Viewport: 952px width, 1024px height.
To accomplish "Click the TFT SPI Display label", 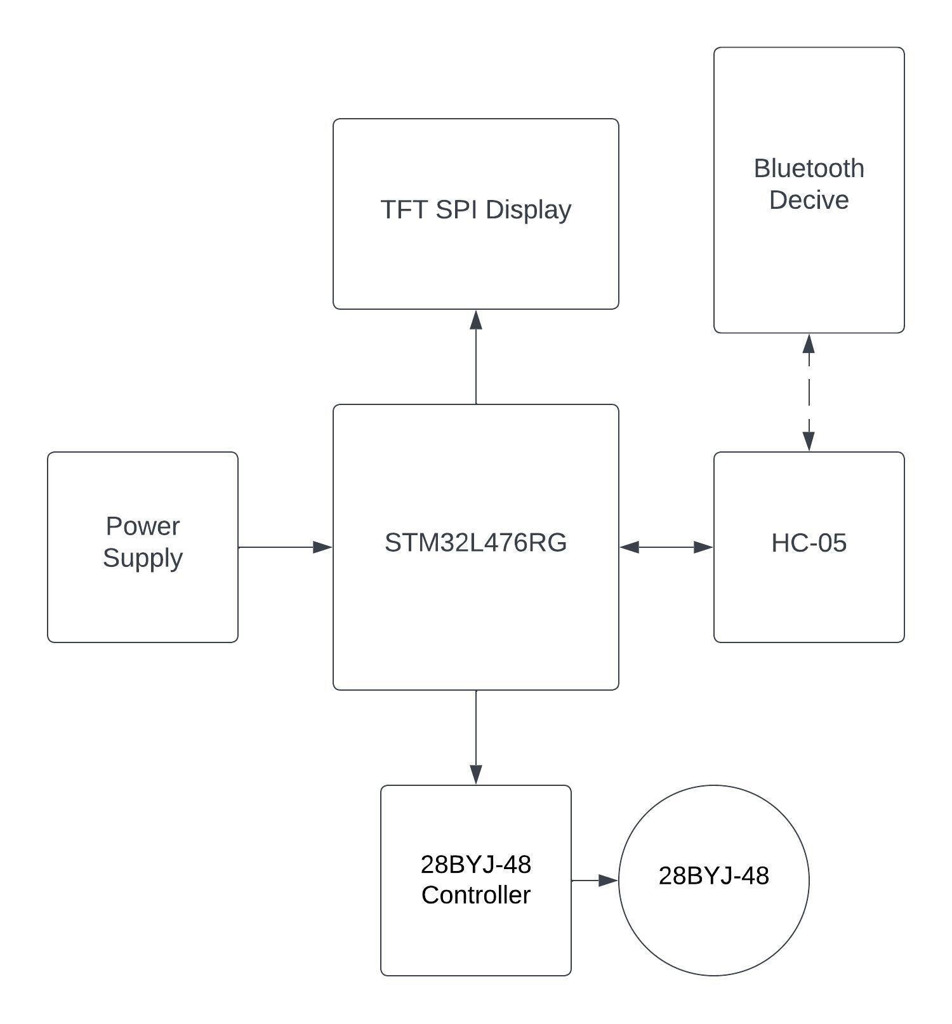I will pos(475,210).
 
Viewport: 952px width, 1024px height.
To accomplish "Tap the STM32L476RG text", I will pos(475,543).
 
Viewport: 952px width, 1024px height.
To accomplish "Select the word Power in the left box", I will pos(143,526).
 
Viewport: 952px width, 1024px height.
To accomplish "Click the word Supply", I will pos(143,558).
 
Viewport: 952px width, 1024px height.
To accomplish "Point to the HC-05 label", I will pos(809,543).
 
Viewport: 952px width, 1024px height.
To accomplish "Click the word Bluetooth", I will pos(809,169).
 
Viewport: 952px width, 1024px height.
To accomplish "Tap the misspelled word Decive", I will pos(809,200).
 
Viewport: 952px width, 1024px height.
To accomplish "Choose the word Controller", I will pos(475,895).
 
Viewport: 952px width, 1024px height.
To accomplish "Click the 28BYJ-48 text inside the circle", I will pos(713,876).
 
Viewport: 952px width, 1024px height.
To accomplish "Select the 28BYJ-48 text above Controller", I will pos(475,865).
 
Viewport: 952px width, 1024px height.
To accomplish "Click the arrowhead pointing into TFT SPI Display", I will pos(476,320).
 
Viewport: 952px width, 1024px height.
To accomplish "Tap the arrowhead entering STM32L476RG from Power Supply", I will pos(322,547).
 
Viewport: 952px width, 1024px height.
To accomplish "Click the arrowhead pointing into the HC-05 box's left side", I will pos(703,547).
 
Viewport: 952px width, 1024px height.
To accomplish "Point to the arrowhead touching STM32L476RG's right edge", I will pos(630,547).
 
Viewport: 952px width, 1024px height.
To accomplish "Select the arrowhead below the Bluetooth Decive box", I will pos(809,344).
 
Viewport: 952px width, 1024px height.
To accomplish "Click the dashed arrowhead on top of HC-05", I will pos(809,441).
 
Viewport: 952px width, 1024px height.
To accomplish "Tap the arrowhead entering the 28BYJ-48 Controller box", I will pos(476,774).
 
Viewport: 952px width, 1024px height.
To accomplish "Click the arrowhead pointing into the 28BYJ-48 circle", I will pos(608,881).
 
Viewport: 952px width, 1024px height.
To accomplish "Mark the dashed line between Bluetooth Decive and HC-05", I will pos(809,392).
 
